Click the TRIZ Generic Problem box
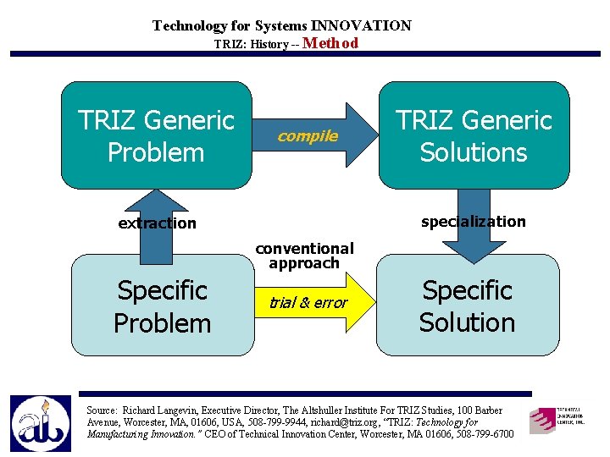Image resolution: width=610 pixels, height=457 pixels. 157,135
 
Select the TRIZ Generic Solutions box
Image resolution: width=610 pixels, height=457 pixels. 474,135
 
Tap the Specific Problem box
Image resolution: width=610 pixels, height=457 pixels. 162,306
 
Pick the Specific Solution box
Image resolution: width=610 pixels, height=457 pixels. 468,306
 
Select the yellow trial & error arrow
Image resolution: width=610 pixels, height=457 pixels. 313,302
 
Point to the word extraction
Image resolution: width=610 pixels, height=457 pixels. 157,223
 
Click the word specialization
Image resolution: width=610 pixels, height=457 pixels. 473,222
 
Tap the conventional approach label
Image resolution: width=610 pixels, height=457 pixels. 304,256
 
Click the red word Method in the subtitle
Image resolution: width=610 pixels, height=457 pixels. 330,43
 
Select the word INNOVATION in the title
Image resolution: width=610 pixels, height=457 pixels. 361,25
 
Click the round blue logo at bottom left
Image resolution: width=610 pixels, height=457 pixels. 41,423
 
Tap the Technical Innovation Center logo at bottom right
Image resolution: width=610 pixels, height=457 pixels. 557,421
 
